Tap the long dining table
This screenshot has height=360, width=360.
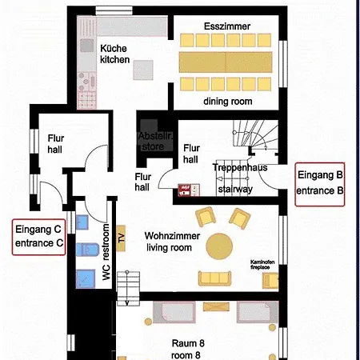[x=226, y=61]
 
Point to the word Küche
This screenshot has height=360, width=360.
[x=114, y=47]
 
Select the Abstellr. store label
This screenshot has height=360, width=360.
[x=154, y=141]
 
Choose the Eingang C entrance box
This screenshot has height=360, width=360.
[x=38, y=237]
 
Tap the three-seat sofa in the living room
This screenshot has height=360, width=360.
[x=214, y=278]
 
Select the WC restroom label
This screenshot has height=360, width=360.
[x=106, y=257]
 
